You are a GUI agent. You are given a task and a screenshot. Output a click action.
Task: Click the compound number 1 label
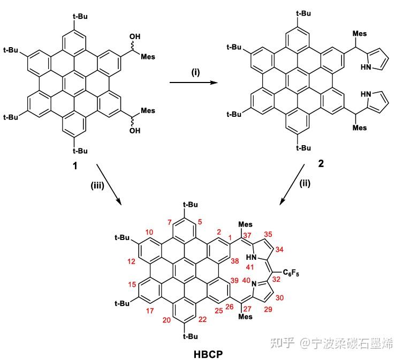pos(74,166)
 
